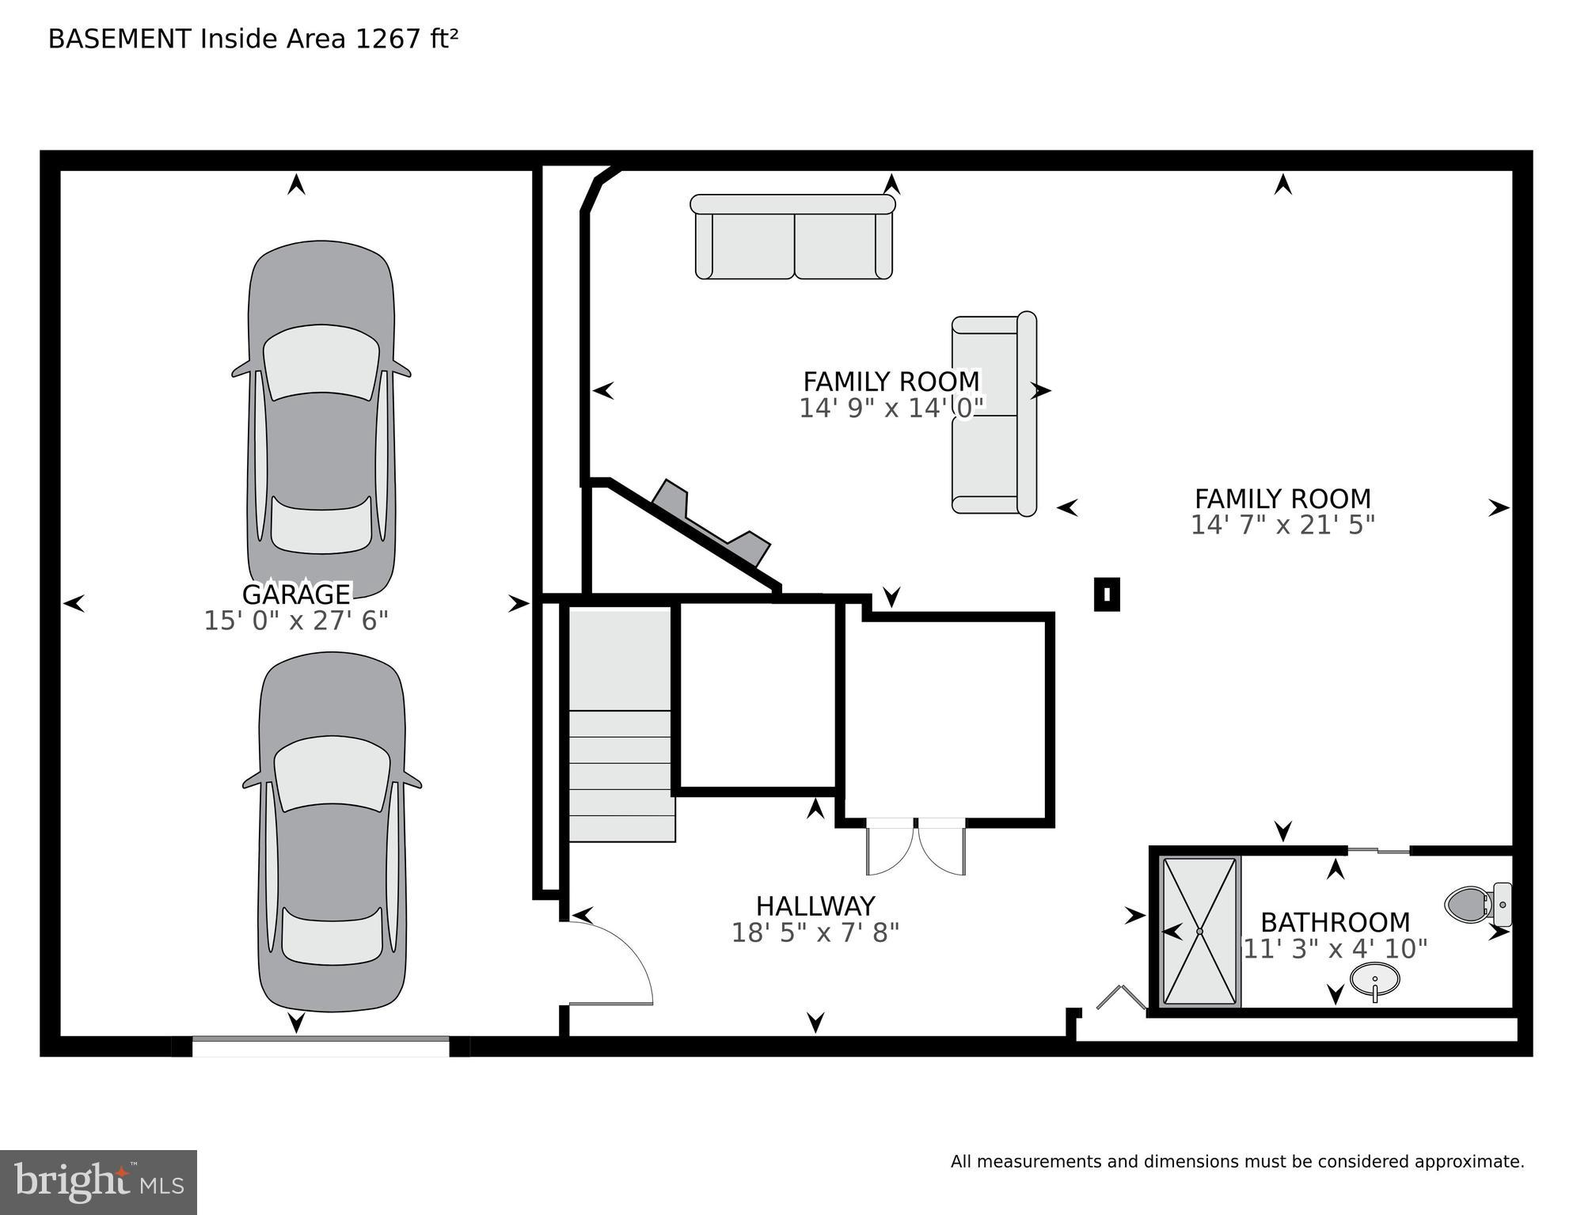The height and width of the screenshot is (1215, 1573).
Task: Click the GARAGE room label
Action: pyautogui.click(x=296, y=594)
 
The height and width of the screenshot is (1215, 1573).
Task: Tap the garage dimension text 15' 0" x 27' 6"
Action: pyautogui.click(x=296, y=621)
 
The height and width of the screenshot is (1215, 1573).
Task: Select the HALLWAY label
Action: pyautogui.click(x=815, y=906)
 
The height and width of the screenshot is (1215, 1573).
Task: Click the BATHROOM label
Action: pyautogui.click(x=1335, y=923)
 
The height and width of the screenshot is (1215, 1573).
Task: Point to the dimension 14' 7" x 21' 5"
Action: pyautogui.click(x=1282, y=526)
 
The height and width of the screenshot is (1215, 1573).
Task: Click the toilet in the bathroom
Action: pyautogui.click(x=1476, y=904)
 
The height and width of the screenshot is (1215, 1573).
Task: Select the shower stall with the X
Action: pyautogui.click(x=1199, y=932)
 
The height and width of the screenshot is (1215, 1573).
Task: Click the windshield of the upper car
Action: pyautogui.click(x=321, y=363)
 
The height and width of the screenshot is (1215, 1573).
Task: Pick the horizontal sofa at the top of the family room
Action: pyautogui.click(x=793, y=237)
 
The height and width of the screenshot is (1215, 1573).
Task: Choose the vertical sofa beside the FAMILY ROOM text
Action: pyautogui.click(x=994, y=413)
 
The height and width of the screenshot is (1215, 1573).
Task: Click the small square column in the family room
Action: pyautogui.click(x=1107, y=594)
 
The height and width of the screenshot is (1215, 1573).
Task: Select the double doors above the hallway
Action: pyautogui.click(x=916, y=847)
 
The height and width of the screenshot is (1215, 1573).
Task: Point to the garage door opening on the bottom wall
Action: pyautogui.click(x=321, y=1046)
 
